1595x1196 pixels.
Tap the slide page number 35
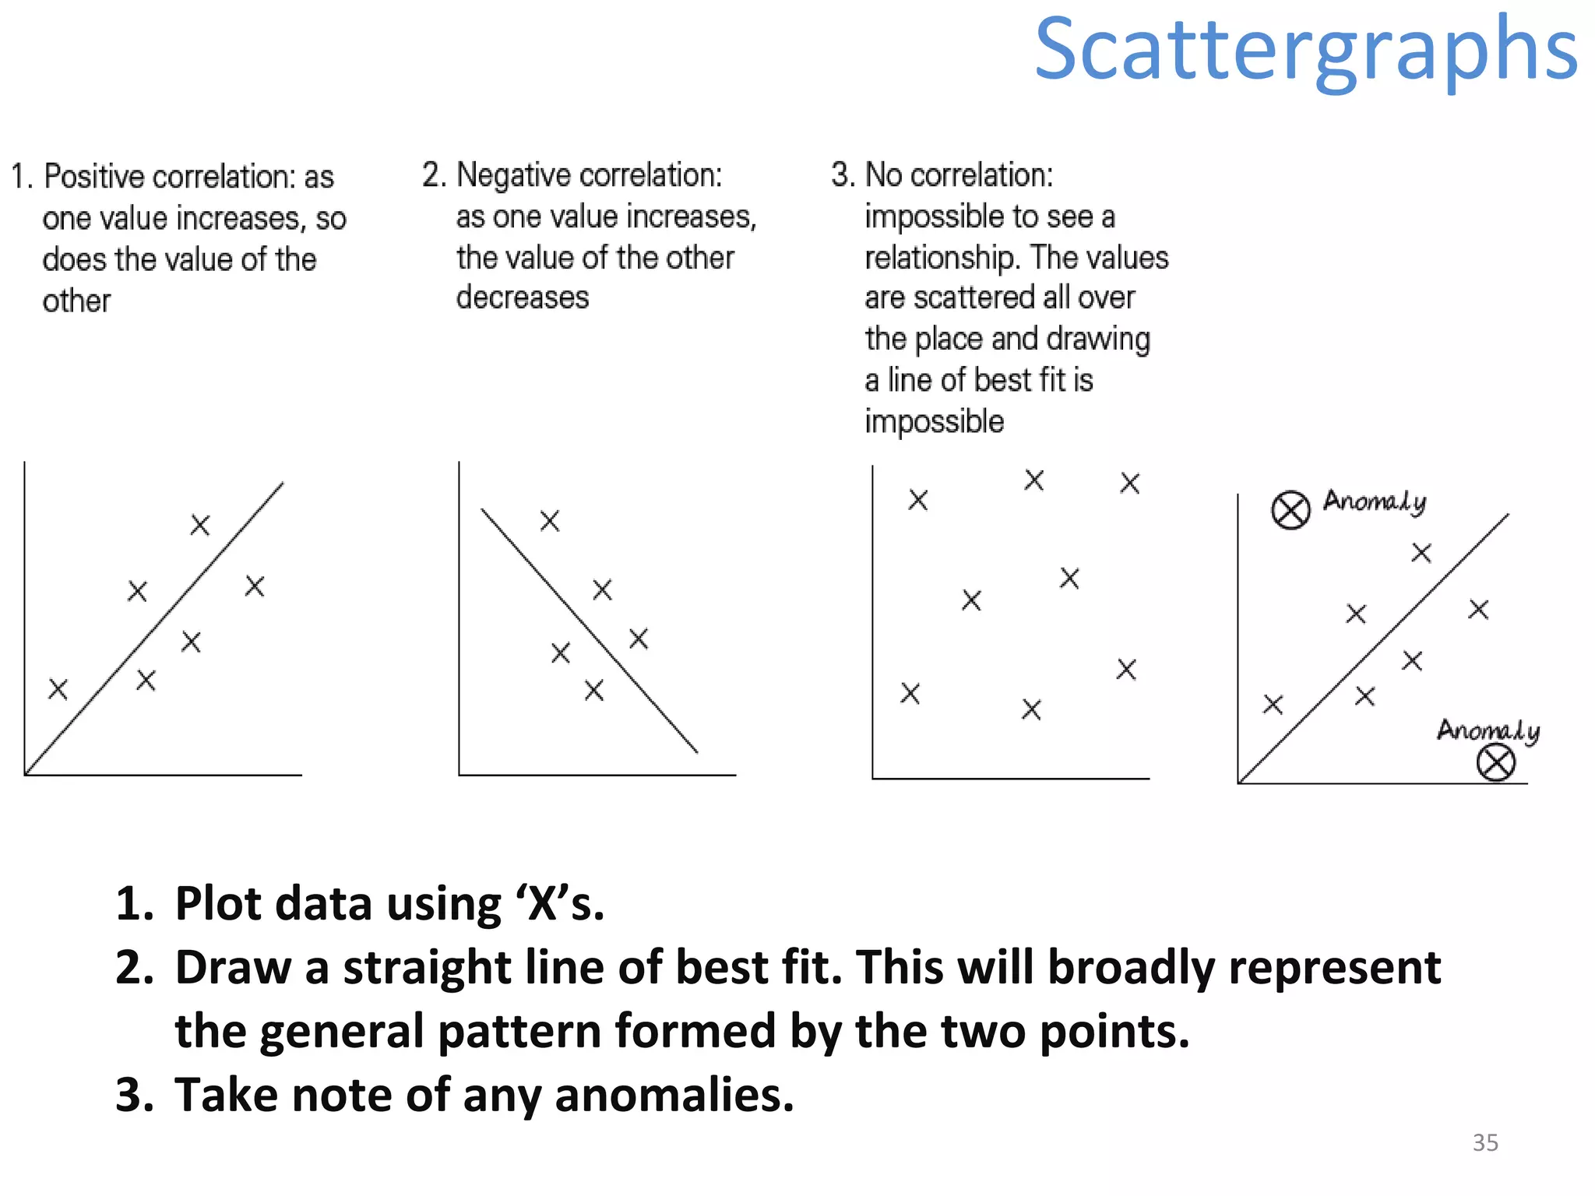coord(1485,1142)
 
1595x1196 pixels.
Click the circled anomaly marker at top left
coord(1290,511)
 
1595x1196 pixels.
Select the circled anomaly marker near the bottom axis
coord(1495,762)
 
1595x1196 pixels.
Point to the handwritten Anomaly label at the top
coord(1375,501)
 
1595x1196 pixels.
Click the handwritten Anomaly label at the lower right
coord(1488,730)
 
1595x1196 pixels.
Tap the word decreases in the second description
coord(523,297)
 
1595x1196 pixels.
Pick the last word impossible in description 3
coord(935,421)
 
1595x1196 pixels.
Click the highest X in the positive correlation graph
coord(200,525)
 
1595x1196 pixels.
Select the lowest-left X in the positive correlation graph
coord(58,689)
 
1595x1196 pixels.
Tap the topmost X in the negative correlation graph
coord(550,520)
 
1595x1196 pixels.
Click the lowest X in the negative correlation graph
coord(594,690)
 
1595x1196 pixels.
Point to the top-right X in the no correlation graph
coord(1130,483)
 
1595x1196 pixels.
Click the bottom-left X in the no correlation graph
coord(910,693)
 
